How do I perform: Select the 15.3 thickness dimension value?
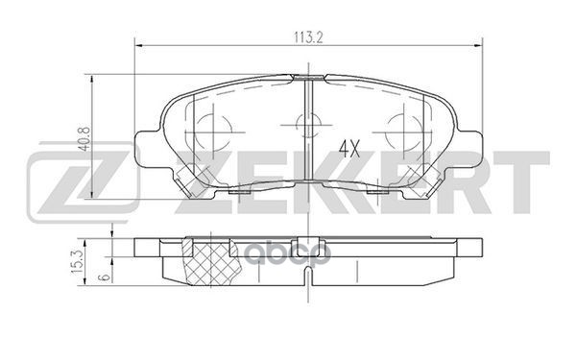coord(96,257)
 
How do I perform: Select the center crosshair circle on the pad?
coord(307,123)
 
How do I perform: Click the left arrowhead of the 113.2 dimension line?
coord(137,44)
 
